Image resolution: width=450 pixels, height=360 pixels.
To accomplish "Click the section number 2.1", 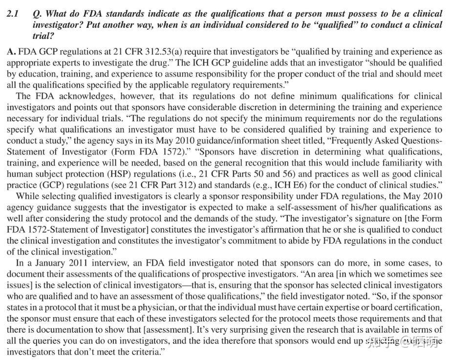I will [x=13, y=15].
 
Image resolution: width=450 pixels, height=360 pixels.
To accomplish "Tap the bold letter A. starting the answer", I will [x=12, y=51].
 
